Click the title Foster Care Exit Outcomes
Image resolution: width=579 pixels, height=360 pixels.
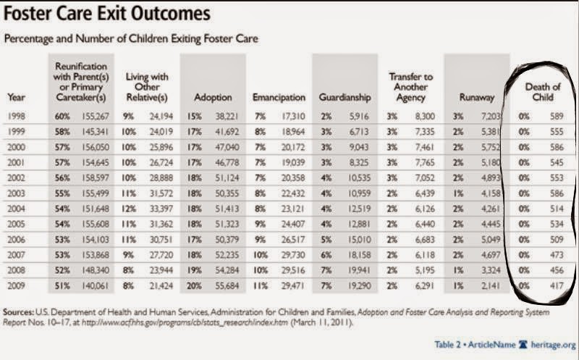(x=107, y=14)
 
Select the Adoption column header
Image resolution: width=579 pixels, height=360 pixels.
(x=213, y=98)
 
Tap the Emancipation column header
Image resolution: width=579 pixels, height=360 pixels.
(x=279, y=98)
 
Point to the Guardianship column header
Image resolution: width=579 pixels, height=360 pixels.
(x=345, y=98)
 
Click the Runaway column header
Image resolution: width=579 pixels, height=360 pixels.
(x=477, y=98)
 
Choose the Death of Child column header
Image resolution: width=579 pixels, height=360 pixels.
(x=543, y=92)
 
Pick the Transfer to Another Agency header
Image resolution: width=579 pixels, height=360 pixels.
(x=410, y=87)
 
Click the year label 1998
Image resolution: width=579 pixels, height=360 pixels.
(x=17, y=116)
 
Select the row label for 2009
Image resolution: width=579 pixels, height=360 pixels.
(x=17, y=285)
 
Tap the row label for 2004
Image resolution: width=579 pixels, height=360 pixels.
(x=17, y=209)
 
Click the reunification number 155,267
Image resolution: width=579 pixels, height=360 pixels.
(x=96, y=116)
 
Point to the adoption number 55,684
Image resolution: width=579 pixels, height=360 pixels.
(x=227, y=285)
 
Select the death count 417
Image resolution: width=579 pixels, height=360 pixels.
(x=557, y=285)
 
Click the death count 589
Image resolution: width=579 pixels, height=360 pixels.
(x=557, y=116)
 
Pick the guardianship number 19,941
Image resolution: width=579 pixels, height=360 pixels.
(x=359, y=270)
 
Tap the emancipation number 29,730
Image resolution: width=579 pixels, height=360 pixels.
(x=293, y=255)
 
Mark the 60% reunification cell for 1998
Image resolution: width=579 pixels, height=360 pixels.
(x=62, y=116)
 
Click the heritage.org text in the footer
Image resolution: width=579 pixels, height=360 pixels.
(x=553, y=345)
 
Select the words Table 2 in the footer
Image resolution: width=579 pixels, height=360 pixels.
(x=448, y=345)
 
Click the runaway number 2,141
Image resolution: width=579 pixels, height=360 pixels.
(x=491, y=285)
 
